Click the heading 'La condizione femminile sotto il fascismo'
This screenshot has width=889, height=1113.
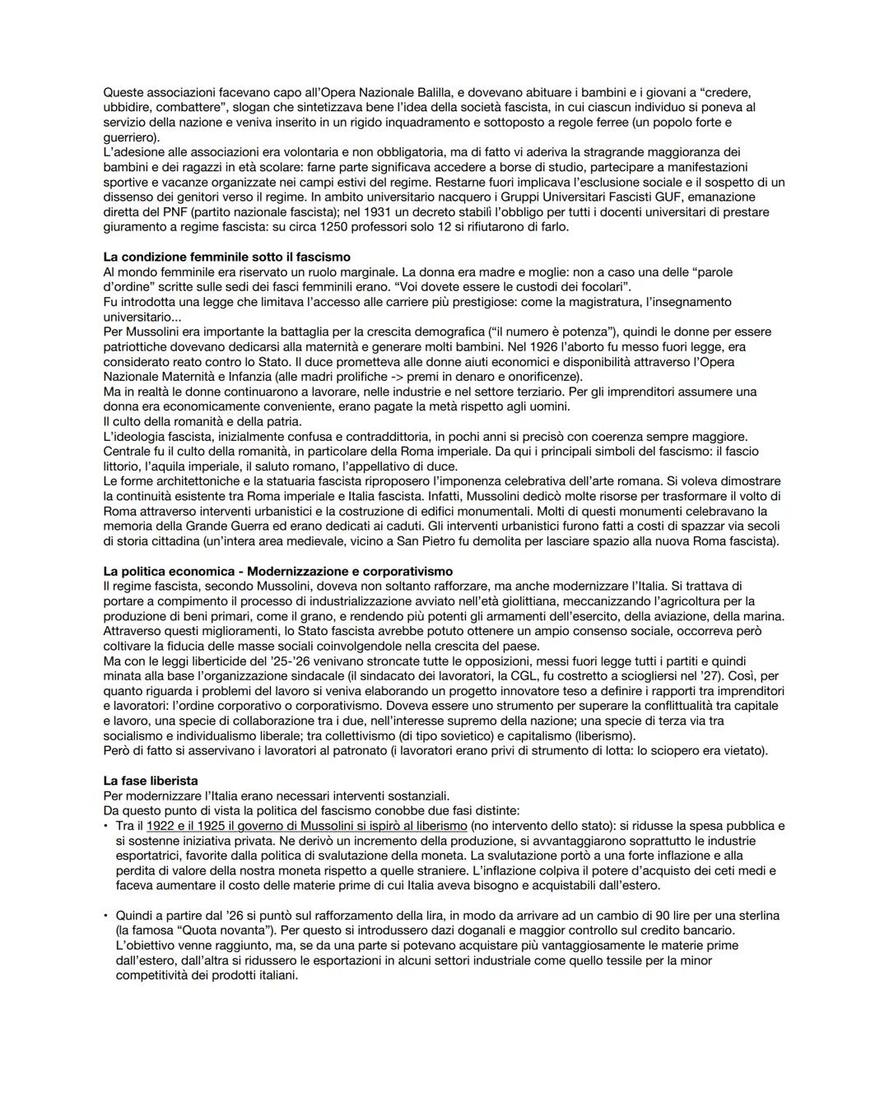pyautogui.click(x=226, y=257)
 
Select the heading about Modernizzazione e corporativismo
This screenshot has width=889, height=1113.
pyautogui.click(x=278, y=571)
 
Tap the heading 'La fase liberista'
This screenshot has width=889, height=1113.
pyautogui.click(x=151, y=780)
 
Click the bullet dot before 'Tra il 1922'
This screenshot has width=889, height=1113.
pyautogui.click(x=107, y=825)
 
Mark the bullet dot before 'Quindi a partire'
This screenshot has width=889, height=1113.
pyautogui.click(x=107, y=916)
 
